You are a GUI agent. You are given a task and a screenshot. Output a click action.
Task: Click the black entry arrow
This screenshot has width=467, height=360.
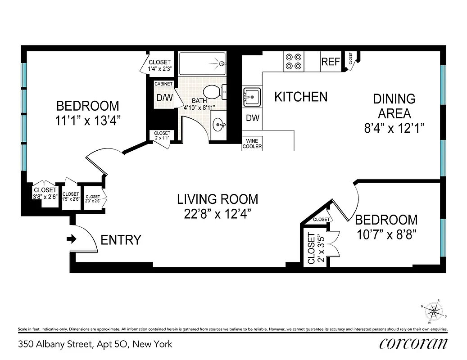(x=71, y=239)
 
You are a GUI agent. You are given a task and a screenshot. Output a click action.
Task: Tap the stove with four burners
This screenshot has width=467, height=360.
(x=294, y=62)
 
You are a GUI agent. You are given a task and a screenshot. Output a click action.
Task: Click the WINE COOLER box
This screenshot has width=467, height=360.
(x=252, y=144)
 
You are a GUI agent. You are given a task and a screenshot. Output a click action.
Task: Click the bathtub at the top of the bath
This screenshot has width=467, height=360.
(x=202, y=63)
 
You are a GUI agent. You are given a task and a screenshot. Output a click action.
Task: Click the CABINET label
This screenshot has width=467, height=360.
(x=163, y=84)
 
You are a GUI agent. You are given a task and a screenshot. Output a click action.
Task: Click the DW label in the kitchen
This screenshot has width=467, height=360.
(x=252, y=118)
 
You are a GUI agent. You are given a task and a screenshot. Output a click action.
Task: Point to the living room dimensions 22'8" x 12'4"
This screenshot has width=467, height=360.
(x=218, y=214)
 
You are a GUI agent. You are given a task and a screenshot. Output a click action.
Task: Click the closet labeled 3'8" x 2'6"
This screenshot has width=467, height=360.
(x=45, y=193)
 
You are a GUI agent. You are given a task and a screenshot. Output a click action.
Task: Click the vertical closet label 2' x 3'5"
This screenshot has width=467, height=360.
(x=315, y=248)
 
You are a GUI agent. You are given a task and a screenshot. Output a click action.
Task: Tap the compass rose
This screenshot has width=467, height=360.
(x=434, y=311)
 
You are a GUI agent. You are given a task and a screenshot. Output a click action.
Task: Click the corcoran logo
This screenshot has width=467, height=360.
(x=413, y=343)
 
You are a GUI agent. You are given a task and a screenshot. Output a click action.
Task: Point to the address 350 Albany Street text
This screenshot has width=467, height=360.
(x=95, y=344)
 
